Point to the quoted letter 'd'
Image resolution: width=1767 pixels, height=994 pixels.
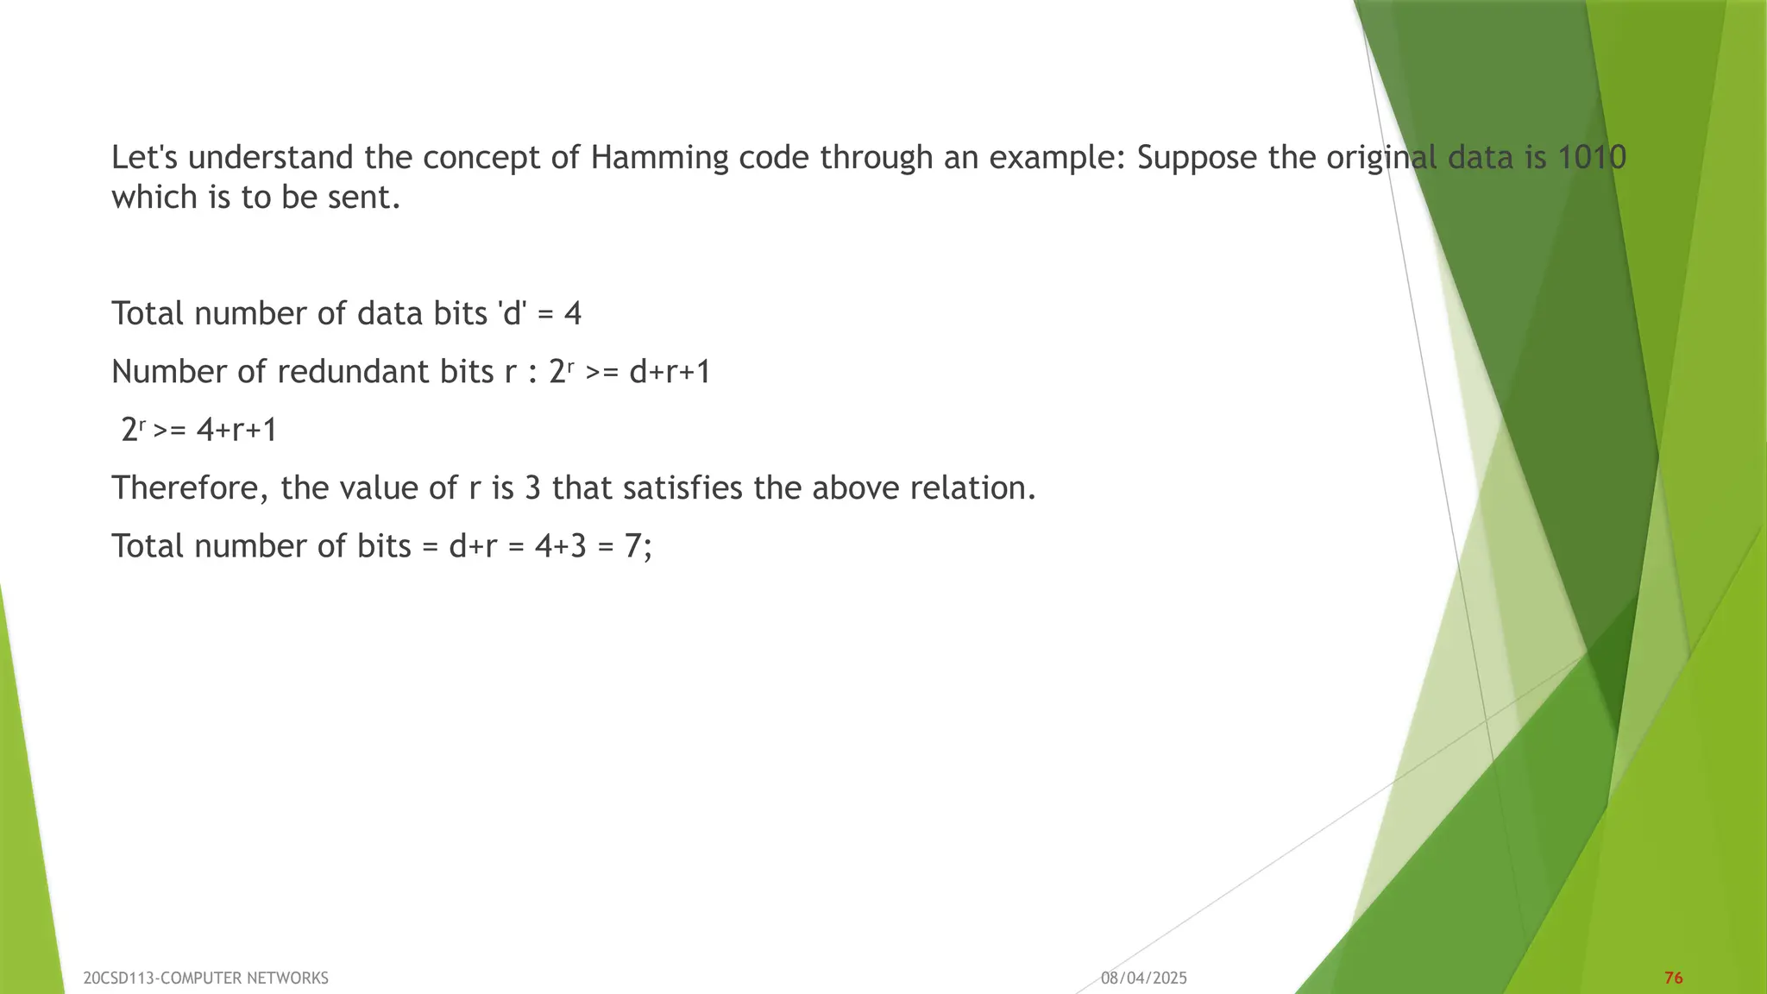pyautogui.click(x=512, y=313)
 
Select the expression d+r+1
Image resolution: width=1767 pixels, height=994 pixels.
pyautogui.click(x=670, y=372)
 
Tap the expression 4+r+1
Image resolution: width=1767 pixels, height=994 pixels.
pyautogui.click(x=236, y=430)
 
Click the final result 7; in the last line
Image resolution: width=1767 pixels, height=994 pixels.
pyautogui.click(x=638, y=546)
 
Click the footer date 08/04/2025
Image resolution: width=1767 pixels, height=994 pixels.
pyautogui.click(x=1143, y=978)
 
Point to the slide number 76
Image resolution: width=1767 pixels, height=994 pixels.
pyautogui.click(x=1673, y=978)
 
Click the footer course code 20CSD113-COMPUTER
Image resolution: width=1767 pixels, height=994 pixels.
pyautogui.click(x=162, y=978)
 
